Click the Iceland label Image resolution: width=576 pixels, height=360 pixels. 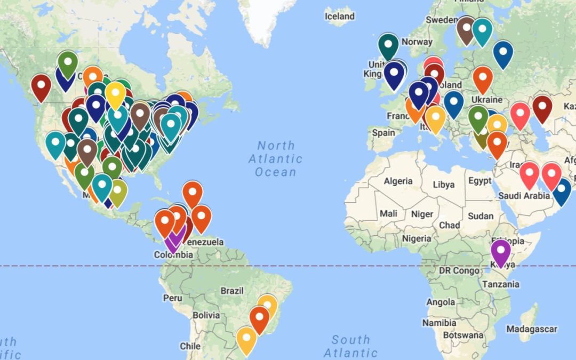point(339,17)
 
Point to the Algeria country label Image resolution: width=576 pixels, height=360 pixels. point(398,181)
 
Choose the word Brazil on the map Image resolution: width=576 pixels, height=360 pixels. point(232,291)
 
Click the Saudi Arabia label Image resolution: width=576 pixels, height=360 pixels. point(524,196)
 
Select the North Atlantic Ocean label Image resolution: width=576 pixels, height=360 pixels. point(275,158)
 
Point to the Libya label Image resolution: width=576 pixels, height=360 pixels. point(444,185)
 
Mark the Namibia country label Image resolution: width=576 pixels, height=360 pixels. point(439,323)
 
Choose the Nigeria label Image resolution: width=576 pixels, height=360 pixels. point(417,238)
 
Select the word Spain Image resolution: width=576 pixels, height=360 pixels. point(384,133)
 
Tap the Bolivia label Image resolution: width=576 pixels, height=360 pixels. point(206,315)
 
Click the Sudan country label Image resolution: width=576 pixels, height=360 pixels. point(481,216)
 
